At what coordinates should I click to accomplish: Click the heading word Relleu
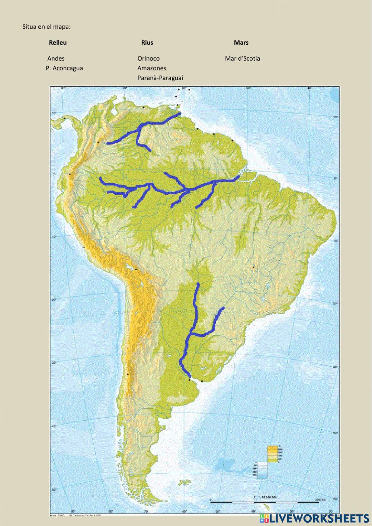(58, 43)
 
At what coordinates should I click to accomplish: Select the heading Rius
(147, 43)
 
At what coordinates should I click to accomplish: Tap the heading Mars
(241, 43)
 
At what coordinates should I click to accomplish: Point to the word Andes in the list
(56, 58)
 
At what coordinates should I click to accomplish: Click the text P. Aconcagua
(64, 68)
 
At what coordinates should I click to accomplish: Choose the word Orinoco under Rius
(148, 58)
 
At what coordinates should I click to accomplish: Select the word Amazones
(152, 68)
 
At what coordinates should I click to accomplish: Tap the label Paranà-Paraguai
(160, 78)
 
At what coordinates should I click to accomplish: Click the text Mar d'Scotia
(243, 58)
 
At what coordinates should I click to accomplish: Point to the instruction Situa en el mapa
(46, 27)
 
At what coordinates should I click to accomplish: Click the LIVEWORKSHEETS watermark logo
(314, 518)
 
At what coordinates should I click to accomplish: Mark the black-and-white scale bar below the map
(264, 502)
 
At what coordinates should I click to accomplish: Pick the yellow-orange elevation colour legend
(273, 454)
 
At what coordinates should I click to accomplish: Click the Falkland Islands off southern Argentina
(183, 483)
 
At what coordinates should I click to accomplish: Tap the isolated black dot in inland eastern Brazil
(253, 267)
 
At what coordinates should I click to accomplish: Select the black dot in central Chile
(128, 374)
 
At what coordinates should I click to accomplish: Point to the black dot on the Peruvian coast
(84, 247)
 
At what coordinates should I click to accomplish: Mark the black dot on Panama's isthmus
(65, 118)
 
